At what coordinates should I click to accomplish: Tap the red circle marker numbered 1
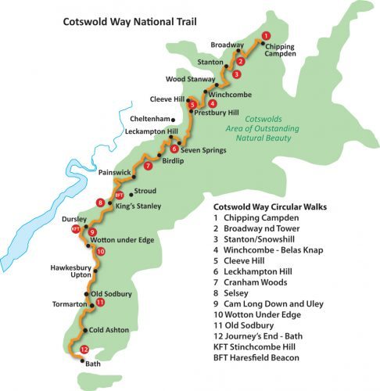pyautogui.click(x=266, y=35)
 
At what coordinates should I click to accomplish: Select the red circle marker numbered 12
pyautogui.click(x=83, y=350)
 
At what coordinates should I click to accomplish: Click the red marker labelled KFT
pyautogui.click(x=76, y=229)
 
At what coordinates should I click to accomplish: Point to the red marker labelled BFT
pyautogui.click(x=120, y=195)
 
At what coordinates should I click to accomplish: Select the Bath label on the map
pyautogui.click(x=92, y=364)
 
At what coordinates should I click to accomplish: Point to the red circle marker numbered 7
pyautogui.click(x=148, y=165)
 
